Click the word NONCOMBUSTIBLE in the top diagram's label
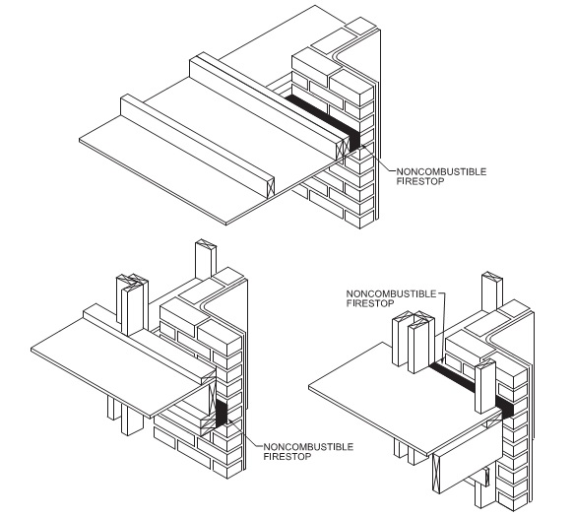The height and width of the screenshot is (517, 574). (x=441, y=171)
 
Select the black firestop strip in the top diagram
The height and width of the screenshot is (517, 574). (x=322, y=120)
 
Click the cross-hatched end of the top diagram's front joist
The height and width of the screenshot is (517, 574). (x=270, y=189)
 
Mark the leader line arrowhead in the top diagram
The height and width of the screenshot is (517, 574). (x=364, y=148)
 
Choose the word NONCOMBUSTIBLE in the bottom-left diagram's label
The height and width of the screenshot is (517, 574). (x=308, y=447)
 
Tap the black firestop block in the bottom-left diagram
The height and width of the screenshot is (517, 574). (x=222, y=413)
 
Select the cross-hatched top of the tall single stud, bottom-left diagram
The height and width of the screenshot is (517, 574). (x=206, y=244)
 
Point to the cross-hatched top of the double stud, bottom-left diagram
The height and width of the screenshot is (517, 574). (x=133, y=280)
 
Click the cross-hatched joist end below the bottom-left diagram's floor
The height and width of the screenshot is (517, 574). (x=209, y=426)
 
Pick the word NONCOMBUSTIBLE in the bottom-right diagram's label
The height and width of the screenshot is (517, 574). (x=391, y=294)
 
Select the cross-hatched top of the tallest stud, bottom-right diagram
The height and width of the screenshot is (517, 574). (x=492, y=276)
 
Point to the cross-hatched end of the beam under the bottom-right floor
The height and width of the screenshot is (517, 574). (x=436, y=474)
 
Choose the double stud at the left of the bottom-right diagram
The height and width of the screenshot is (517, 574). (x=414, y=342)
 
